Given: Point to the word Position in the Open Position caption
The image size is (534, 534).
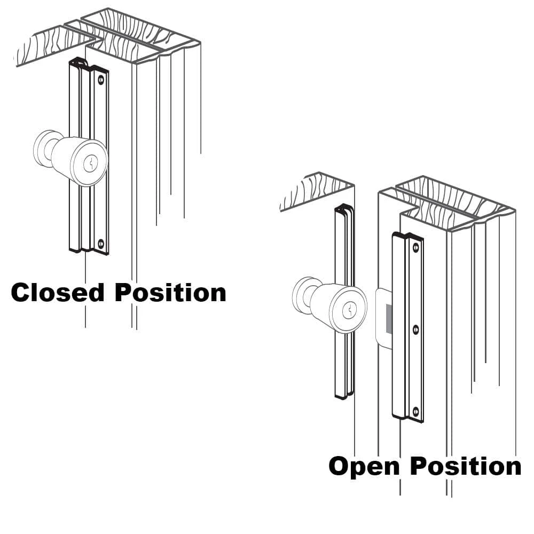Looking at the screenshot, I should [x=466, y=466].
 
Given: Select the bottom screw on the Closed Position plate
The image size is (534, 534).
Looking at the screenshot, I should [x=100, y=245].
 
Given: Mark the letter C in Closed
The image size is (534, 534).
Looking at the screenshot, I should [x=21, y=293].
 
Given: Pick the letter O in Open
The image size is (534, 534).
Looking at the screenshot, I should [x=341, y=466].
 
